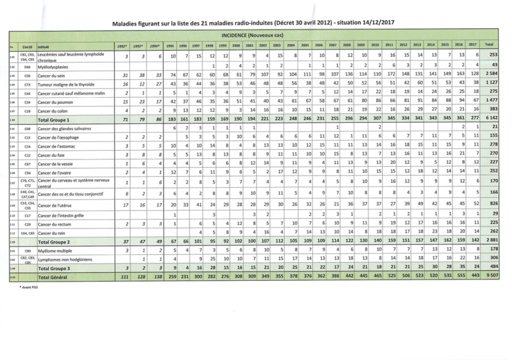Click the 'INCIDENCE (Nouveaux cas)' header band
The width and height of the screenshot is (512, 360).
256,34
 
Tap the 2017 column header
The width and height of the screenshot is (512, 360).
472,45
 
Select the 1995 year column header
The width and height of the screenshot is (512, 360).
170,45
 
